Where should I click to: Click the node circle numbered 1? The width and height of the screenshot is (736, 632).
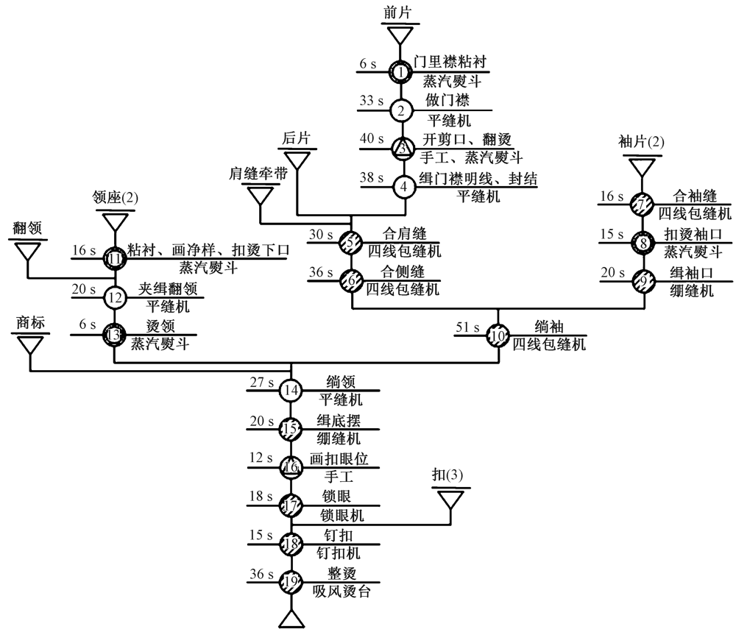[x=400, y=72]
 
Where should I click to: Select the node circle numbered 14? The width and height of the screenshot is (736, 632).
[x=291, y=390]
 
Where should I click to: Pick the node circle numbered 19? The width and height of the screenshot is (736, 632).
[x=291, y=583]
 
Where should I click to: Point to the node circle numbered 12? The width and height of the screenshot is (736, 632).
[x=115, y=299]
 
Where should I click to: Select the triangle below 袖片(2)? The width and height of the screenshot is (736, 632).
[x=642, y=166]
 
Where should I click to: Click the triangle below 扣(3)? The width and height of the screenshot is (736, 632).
[x=451, y=500]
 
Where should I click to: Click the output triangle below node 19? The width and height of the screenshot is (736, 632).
[x=291, y=619]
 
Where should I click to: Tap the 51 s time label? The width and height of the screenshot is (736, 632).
[x=467, y=327]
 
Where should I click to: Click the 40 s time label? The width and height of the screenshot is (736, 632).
[x=372, y=138]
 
